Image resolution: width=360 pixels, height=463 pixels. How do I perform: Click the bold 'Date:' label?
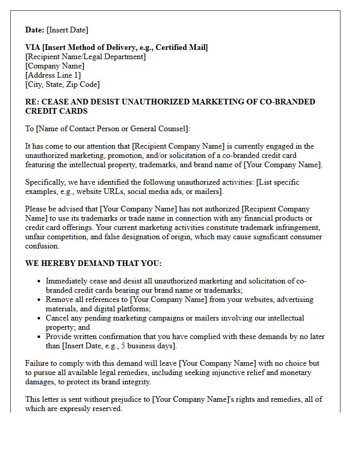point(35,30)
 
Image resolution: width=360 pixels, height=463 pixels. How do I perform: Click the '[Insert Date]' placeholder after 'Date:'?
point(67,30)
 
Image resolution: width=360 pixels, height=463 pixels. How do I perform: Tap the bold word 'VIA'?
point(33,47)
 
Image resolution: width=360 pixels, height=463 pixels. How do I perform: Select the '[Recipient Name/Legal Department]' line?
point(85,57)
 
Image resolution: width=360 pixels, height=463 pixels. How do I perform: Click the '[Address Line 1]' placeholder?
point(53,75)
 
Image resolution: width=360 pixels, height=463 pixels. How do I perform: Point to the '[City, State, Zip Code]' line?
point(62,84)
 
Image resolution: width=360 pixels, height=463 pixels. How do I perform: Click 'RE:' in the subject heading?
point(32,102)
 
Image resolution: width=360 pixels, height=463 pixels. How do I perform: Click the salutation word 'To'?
point(30,129)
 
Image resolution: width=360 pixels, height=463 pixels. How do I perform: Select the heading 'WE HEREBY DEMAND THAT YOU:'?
point(93,263)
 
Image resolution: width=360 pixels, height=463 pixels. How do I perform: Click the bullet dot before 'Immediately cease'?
point(39,281)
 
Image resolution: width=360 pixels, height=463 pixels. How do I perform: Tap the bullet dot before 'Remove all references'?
point(39,299)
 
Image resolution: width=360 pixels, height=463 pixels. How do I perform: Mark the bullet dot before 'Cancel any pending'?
point(39,318)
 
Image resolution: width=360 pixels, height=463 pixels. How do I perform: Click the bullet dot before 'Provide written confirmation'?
point(39,336)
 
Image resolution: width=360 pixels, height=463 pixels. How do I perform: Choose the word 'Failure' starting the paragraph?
point(38,363)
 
